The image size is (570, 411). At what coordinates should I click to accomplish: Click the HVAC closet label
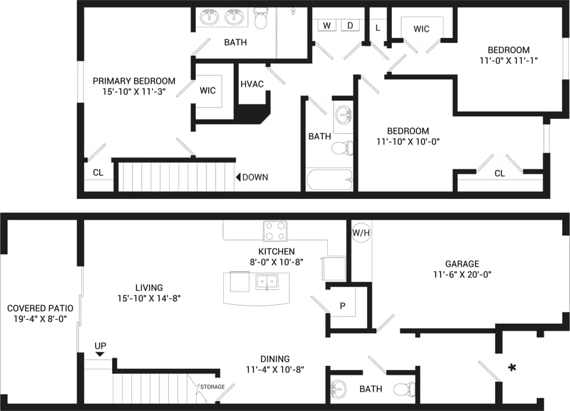click(x=252, y=84)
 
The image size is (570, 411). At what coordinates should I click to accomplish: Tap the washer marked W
click(x=327, y=25)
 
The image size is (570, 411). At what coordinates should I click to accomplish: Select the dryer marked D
click(x=350, y=25)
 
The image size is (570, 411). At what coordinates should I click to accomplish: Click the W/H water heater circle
click(x=360, y=232)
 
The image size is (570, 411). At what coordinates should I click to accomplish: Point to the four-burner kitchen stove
click(x=275, y=231)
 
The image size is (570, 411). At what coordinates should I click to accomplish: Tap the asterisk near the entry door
click(x=511, y=368)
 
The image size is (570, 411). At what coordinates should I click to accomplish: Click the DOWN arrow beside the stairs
click(x=239, y=177)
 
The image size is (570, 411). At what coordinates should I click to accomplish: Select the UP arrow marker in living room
click(x=100, y=354)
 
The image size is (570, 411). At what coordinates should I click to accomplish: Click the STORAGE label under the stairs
click(x=212, y=387)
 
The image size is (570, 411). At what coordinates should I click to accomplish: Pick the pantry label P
click(x=343, y=306)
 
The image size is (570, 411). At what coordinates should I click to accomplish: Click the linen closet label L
click(x=377, y=27)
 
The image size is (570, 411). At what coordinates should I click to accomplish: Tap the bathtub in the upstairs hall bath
click(x=330, y=178)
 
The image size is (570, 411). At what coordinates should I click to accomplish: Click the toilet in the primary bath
click(x=260, y=19)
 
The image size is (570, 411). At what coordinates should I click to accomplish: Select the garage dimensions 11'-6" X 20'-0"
click(x=463, y=274)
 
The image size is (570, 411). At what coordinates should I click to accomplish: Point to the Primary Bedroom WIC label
click(x=208, y=91)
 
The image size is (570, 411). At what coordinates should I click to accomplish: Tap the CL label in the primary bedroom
click(x=98, y=173)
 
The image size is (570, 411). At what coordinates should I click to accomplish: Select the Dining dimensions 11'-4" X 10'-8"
click(x=275, y=369)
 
